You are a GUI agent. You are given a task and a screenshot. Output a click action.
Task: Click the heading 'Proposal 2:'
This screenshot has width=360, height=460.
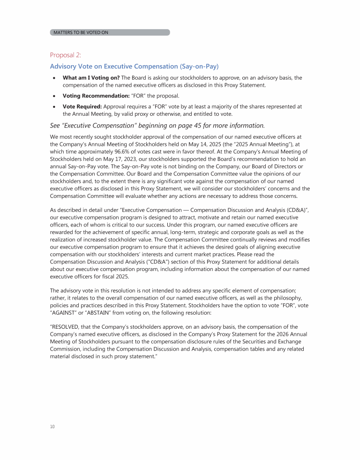pyautogui.click(x=66, y=55)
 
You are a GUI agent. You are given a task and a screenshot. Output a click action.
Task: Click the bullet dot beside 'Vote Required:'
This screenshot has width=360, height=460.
pyautogui.click(x=55, y=107)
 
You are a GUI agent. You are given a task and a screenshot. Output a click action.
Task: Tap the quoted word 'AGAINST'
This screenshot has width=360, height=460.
pyautogui.click(x=64, y=312)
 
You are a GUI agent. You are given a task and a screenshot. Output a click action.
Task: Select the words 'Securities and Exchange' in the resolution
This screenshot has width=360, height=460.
pyautogui.click(x=267, y=341)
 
